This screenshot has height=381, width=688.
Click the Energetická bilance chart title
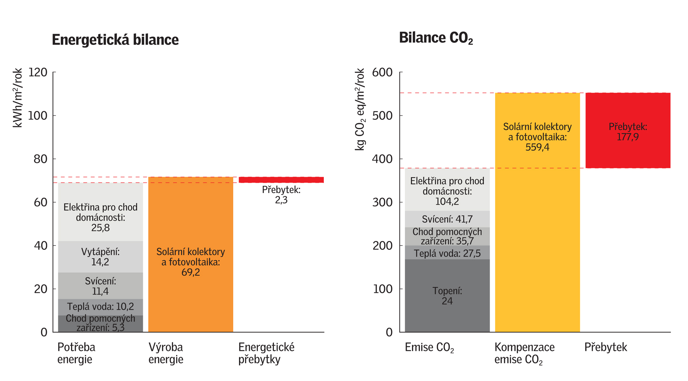(x=115, y=40)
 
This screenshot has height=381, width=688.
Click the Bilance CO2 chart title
(x=436, y=38)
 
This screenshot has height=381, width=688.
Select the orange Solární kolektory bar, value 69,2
(x=190, y=225)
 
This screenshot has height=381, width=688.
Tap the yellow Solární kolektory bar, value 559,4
(x=537, y=217)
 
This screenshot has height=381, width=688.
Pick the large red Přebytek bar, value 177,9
(x=628, y=131)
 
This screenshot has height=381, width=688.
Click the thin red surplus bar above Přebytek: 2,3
(x=281, y=180)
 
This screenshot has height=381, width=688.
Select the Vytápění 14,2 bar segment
(x=100, y=257)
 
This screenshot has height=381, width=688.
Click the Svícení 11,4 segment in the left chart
(x=100, y=286)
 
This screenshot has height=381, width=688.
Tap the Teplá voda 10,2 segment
(x=100, y=307)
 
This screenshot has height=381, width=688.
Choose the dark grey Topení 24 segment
(x=447, y=296)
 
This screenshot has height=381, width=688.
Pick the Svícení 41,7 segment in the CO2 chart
(x=447, y=219)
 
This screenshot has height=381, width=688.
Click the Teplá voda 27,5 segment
(x=447, y=253)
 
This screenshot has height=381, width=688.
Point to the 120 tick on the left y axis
(x=38, y=72)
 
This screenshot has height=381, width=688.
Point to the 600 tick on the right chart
(x=382, y=72)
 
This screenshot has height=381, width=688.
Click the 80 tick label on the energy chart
(x=41, y=159)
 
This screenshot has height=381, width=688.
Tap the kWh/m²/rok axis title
(x=17, y=98)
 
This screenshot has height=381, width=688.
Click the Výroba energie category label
(x=166, y=353)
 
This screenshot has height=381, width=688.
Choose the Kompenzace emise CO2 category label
(x=524, y=353)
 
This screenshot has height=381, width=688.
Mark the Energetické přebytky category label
(x=266, y=353)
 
